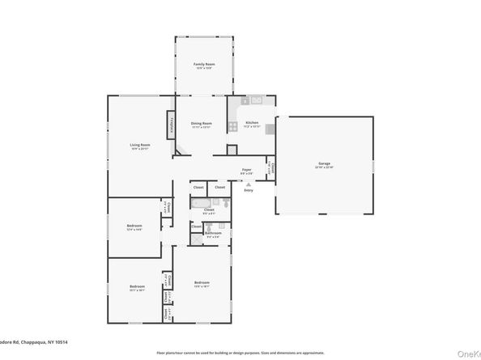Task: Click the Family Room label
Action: [203, 64]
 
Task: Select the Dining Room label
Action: [202, 124]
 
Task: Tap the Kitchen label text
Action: [251, 123]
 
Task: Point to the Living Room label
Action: [140, 146]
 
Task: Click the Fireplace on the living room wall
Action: [172, 125]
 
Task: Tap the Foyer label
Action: [247, 170]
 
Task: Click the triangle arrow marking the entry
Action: [249, 184]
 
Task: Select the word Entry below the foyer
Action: [249, 190]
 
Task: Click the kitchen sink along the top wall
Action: [256, 102]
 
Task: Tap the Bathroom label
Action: [213, 233]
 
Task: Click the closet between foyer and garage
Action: [272, 169]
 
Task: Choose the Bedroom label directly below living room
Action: [134, 226]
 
